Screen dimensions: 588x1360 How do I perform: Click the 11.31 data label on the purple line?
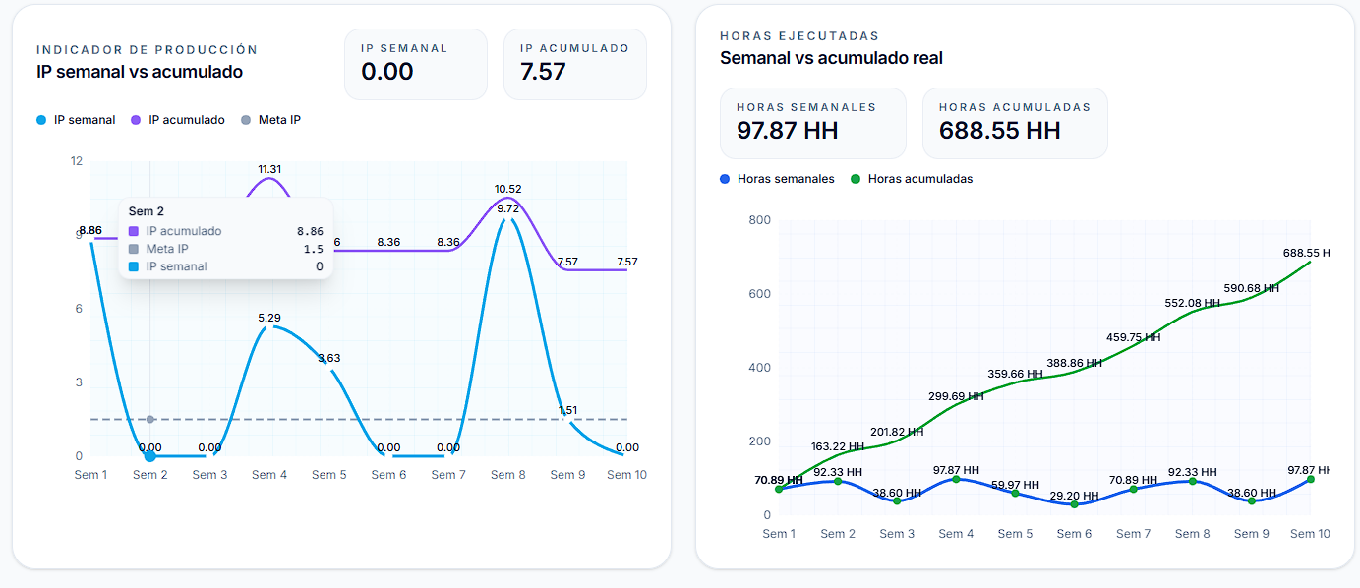[269, 169]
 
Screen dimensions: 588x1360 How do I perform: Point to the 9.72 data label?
[508, 208]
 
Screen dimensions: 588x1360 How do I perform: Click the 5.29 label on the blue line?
[269, 318]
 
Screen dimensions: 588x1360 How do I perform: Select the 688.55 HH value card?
[999, 130]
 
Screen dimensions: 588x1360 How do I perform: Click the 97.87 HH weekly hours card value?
[787, 130]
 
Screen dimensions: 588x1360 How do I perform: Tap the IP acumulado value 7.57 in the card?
[543, 71]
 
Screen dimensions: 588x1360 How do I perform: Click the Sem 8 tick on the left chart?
[508, 475]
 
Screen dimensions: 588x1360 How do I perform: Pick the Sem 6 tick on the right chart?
[1074, 534]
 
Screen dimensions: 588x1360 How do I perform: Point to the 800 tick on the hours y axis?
[759, 220]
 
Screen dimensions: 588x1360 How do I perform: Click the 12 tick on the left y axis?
[77, 161]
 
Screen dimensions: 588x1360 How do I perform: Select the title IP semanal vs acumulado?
[140, 72]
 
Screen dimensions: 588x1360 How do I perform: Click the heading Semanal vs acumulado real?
[831, 58]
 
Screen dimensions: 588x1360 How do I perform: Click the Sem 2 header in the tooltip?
[147, 211]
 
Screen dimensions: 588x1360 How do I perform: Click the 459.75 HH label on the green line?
[1133, 337]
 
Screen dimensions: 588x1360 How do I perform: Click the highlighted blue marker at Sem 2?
[150, 456]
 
